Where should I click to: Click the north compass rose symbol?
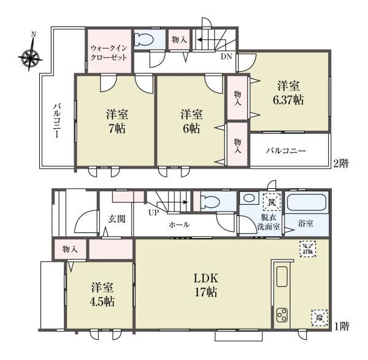29,57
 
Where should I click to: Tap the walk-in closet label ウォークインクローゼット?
109,52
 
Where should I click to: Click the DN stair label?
226,56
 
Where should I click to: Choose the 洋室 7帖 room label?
116,121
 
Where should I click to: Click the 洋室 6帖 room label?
191,121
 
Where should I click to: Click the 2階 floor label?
341,164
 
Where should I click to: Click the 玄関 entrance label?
117,219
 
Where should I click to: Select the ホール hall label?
178,225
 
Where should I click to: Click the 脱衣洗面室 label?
268,221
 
